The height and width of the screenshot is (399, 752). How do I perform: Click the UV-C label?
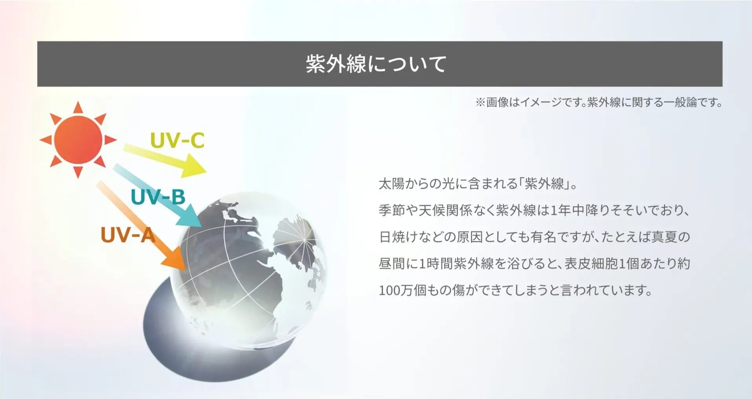(177, 140)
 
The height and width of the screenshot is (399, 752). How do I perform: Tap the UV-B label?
(158, 197)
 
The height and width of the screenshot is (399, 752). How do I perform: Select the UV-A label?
(128, 235)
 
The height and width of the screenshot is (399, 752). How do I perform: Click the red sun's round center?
(78, 140)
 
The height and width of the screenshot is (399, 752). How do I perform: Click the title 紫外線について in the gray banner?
(376, 64)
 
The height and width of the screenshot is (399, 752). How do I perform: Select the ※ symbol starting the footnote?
(480, 103)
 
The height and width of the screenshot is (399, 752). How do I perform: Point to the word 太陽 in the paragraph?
(391, 184)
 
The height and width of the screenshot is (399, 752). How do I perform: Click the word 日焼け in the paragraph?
(398, 237)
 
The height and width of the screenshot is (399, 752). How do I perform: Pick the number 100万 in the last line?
(396, 290)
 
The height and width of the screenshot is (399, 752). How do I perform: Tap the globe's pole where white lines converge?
(304, 238)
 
